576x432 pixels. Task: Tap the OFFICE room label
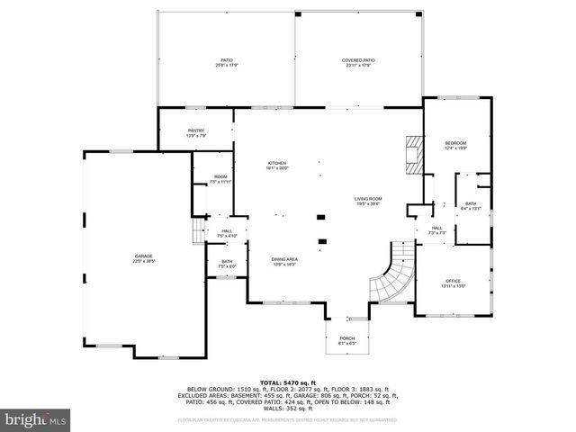tap(454, 284)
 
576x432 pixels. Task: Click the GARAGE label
tap(144, 258)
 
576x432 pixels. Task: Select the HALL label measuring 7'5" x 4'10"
tap(227, 233)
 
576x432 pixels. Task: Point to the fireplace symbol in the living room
tap(413, 154)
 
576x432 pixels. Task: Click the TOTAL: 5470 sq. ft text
tap(287, 382)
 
